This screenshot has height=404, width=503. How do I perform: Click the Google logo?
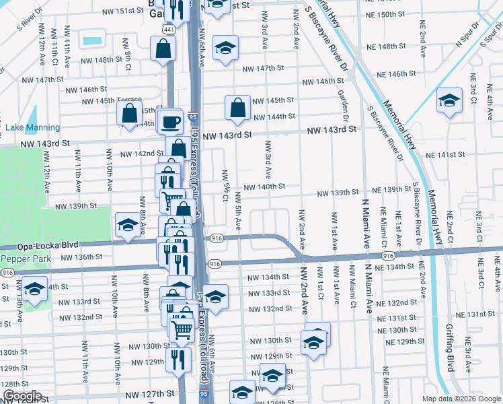[22, 396]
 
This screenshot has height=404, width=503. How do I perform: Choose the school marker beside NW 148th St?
[226, 48]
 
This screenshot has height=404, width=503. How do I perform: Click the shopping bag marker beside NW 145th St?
[237, 108]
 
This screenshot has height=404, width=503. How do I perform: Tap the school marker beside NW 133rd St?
[215, 297]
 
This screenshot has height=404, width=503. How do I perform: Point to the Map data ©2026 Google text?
[460, 399]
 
